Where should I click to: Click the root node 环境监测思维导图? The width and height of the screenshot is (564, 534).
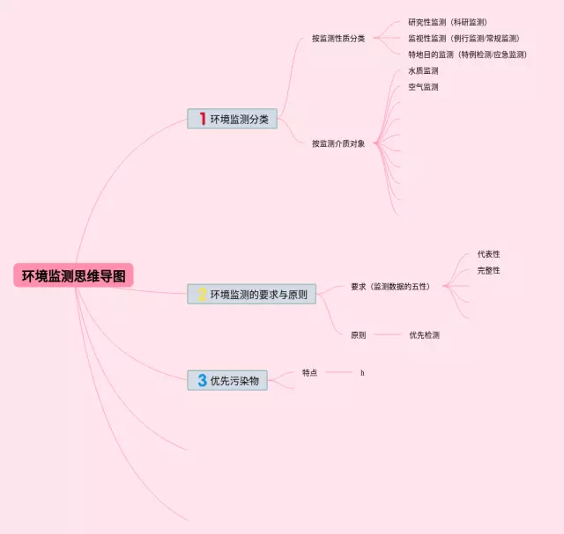click(x=74, y=276)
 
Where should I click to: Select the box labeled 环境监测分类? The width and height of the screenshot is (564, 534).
click(x=233, y=119)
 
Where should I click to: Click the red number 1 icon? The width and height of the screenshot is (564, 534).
click(x=202, y=119)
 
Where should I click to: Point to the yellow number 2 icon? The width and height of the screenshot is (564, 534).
click(x=202, y=295)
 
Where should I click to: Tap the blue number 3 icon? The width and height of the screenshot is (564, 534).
click(x=202, y=380)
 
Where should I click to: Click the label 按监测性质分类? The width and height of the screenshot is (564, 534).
click(x=338, y=38)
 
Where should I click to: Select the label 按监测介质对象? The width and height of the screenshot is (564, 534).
click(x=338, y=143)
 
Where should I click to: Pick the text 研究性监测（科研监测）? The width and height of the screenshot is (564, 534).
click(x=448, y=22)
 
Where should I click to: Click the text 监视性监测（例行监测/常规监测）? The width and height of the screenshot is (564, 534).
click(x=464, y=38)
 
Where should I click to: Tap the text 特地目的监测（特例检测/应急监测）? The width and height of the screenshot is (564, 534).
click(x=467, y=55)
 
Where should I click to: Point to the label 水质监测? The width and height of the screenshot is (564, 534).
click(x=423, y=70)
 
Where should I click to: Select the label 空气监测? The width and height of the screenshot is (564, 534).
click(x=423, y=87)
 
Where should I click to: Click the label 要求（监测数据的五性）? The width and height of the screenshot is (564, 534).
click(x=390, y=286)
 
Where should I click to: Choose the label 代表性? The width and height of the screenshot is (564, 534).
click(x=488, y=254)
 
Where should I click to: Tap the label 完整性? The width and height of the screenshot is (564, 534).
click(x=488, y=270)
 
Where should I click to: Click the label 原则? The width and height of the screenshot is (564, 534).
click(x=358, y=335)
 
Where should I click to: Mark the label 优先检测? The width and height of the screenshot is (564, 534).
click(x=424, y=335)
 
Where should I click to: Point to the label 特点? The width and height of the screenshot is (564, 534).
click(x=309, y=373)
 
